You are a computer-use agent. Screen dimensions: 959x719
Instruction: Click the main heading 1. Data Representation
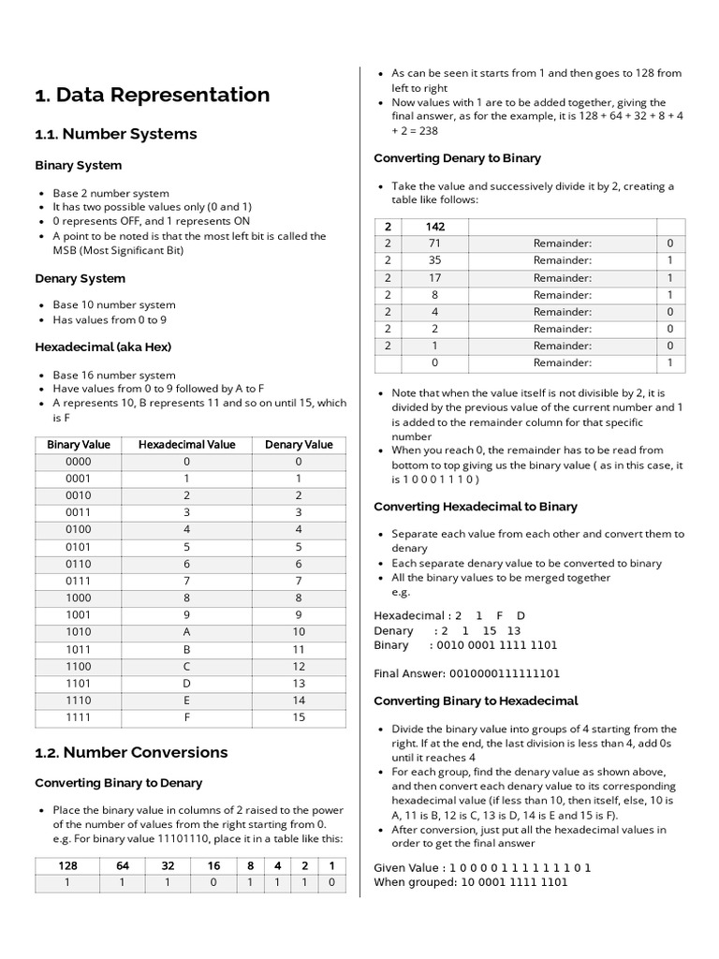point(152,95)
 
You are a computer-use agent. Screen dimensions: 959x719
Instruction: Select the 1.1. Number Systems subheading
point(116,134)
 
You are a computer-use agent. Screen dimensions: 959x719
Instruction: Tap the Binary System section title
point(79,166)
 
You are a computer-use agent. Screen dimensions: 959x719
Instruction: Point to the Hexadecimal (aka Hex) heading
point(103,347)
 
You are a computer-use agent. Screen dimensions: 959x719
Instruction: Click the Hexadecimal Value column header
point(187,445)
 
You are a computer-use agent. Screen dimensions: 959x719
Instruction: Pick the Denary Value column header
point(299,445)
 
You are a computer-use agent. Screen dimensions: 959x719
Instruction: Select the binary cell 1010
point(79,631)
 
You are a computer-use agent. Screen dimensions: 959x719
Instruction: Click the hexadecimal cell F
point(187,718)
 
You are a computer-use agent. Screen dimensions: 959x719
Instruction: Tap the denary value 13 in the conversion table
point(299,684)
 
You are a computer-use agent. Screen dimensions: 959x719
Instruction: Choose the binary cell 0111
point(79,582)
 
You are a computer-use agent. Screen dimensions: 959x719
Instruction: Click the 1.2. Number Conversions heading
point(131,752)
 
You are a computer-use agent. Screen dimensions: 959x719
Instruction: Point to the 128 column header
point(68,866)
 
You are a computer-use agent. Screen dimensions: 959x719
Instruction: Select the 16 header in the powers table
point(213,866)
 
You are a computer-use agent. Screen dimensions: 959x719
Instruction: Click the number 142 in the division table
point(434,227)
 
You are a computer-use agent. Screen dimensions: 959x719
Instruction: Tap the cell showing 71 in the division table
point(434,243)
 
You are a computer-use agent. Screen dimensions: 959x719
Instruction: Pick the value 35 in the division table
point(434,260)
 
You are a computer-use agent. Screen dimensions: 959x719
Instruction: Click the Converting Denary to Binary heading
point(457,158)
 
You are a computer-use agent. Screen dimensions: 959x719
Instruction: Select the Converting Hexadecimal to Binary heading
point(476,507)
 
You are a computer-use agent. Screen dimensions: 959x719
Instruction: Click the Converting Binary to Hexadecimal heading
point(476,701)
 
